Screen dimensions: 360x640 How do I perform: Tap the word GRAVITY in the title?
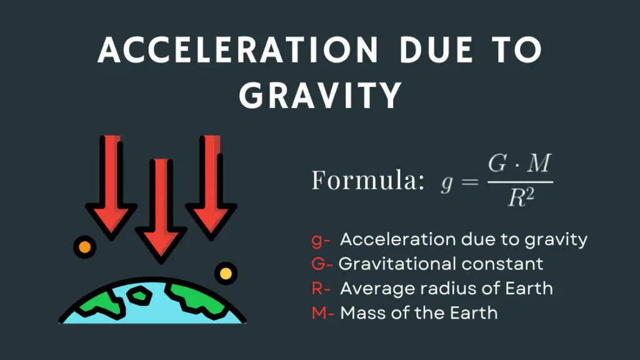(x=320, y=95)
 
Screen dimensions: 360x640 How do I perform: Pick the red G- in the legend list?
(x=322, y=264)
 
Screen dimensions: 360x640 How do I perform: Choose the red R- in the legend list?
(x=321, y=288)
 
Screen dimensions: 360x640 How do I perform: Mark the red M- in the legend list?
(x=322, y=312)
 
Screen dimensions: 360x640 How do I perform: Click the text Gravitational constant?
(x=441, y=264)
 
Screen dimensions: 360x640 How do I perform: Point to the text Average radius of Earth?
(x=446, y=288)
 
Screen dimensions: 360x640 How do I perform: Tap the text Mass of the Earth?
(x=419, y=312)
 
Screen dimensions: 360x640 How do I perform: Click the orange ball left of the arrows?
(x=83, y=246)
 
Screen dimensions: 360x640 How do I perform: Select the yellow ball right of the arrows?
(x=226, y=273)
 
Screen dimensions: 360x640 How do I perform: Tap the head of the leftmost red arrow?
(x=112, y=219)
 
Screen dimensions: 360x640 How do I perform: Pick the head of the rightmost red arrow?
(x=211, y=219)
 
